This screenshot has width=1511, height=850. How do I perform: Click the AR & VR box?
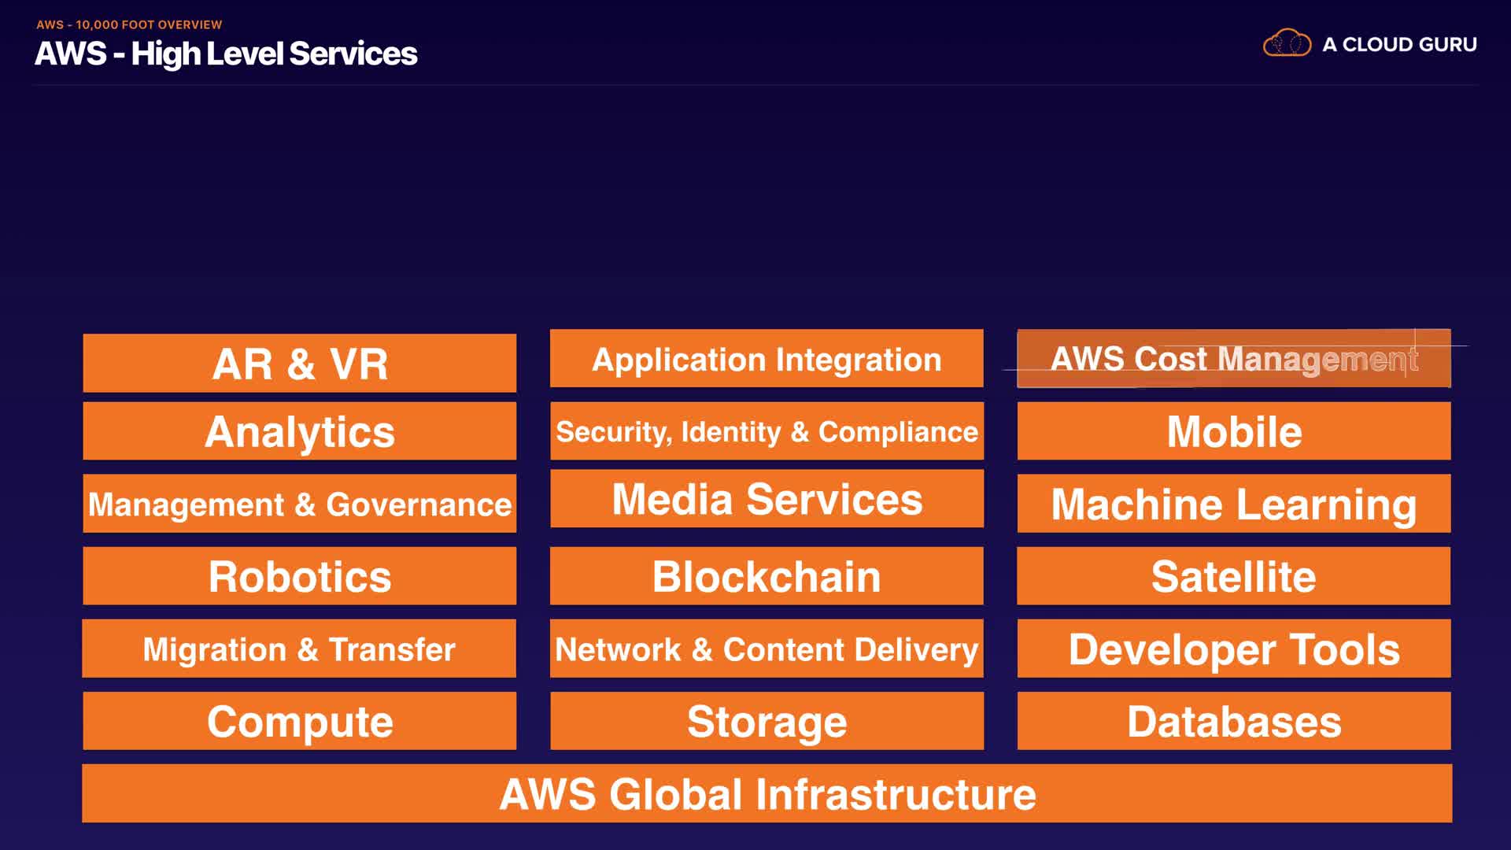(x=300, y=364)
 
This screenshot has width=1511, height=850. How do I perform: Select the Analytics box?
(x=300, y=431)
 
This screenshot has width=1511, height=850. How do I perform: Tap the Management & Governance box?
(x=300, y=504)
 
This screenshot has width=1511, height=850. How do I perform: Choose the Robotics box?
(x=300, y=576)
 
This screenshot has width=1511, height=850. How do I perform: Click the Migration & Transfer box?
(x=299, y=649)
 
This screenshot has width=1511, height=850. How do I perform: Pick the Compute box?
(x=300, y=721)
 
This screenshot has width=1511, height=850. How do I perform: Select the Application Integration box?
(x=767, y=359)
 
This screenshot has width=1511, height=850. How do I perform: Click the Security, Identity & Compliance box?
(x=767, y=431)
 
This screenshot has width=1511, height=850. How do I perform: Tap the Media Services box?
(x=767, y=499)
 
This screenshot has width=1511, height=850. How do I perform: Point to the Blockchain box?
(x=767, y=576)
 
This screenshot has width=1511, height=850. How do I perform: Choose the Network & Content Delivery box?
(x=767, y=649)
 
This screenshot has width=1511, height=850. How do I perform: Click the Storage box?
(x=767, y=721)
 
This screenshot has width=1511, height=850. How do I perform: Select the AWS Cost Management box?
(x=1234, y=359)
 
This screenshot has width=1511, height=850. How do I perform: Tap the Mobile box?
(x=1234, y=431)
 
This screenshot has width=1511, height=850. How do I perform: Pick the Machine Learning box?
(x=1234, y=504)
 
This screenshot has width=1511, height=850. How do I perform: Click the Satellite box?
(x=1234, y=576)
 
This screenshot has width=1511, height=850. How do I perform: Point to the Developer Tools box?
(x=1234, y=649)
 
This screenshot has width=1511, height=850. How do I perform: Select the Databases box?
(x=1234, y=721)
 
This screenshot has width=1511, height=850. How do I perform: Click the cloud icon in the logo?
(x=1287, y=43)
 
